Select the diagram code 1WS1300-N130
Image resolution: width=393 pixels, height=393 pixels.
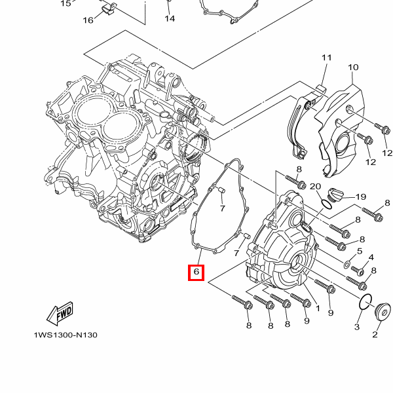pos(65,335)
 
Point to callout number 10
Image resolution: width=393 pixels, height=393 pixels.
pos(353,67)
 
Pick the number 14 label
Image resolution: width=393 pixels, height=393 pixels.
pos(170,18)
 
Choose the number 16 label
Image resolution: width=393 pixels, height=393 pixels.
pos(88,20)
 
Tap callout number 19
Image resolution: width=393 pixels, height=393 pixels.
pos(360,197)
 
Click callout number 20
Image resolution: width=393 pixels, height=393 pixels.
pos(314,187)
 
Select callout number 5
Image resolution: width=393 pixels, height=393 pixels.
pos(360,251)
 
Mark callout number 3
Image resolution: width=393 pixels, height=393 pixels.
pos(358,326)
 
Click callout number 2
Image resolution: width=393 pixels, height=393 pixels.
pos(375,335)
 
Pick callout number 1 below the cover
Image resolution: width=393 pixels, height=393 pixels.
pos(318,308)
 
